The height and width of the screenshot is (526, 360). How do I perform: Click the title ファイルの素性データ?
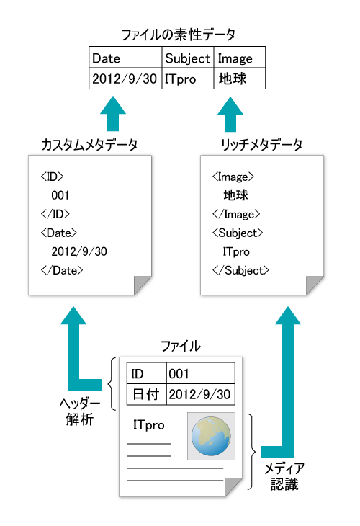(x=178, y=35)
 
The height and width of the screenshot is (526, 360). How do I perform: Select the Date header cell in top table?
(x=125, y=58)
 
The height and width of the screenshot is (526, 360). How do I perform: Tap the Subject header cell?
(x=188, y=58)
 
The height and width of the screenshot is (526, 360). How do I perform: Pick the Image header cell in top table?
(x=239, y=58)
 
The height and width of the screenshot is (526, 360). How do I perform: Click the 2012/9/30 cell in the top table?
(x=125, y=79)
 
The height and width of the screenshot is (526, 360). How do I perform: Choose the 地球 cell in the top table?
(x=239, y=79)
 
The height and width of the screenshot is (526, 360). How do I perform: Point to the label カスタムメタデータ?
(x=89, y=145)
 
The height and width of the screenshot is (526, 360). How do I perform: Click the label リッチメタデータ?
(x=261, y=145)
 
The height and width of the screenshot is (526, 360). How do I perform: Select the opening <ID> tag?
(x=52, y=177)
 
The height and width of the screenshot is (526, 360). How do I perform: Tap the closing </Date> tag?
(x=62, y=270)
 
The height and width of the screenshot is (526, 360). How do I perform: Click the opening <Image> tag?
(x=233, y=177)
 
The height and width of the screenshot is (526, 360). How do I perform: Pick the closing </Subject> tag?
(x=240, y=270)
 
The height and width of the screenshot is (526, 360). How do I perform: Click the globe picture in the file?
(x=211, y=436)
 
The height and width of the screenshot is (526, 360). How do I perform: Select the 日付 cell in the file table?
(x=146, y=394)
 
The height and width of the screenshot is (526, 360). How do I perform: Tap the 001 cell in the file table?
(x=200, y=373)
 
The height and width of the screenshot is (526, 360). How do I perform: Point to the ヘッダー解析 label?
(x=80, y=411)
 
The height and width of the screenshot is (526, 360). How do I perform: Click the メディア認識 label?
(x=284, y=476)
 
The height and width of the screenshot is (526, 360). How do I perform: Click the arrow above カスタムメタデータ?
(x=113, y=113)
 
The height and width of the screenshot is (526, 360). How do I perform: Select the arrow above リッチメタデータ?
(x=230, y=114)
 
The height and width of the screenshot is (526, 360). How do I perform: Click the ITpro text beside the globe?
(x=149, y=425)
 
